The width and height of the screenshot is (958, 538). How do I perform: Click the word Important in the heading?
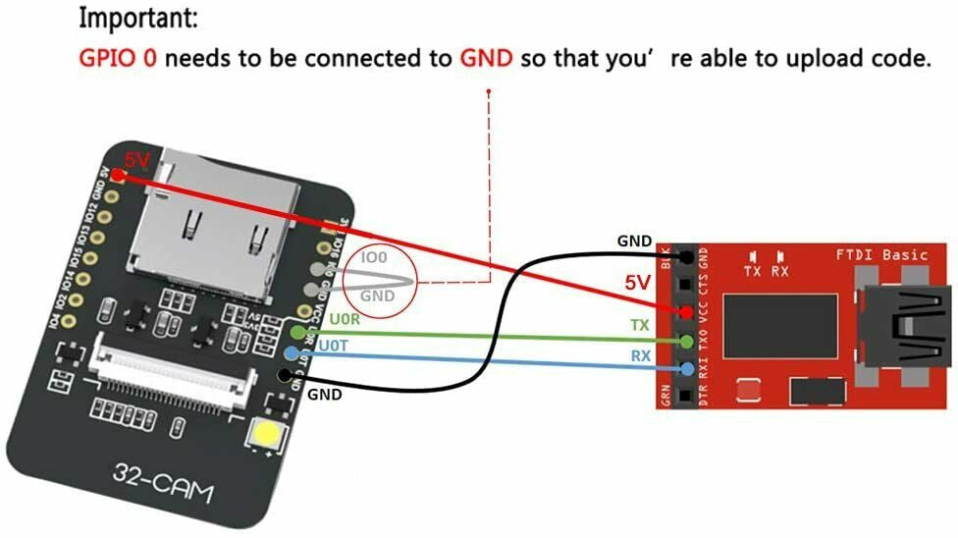point(136,17)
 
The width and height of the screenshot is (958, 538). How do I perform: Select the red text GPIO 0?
point(117,58)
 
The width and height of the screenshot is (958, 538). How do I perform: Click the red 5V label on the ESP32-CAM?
point(136,160)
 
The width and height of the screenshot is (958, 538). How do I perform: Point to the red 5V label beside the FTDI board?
point(638,284)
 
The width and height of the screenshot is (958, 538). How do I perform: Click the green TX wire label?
point(639,324)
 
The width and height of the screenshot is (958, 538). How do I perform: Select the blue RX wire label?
point(639,355)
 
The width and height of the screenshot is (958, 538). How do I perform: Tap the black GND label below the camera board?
point(325,395)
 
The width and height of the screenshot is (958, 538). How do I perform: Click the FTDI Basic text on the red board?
point(880,255)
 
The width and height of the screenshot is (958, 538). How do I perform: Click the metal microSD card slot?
point(226,226)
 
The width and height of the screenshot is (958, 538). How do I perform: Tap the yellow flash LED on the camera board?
point(266,435)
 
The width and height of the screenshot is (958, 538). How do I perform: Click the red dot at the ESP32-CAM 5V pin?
point(118,176)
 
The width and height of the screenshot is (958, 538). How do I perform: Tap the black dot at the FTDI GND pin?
point(687,256)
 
